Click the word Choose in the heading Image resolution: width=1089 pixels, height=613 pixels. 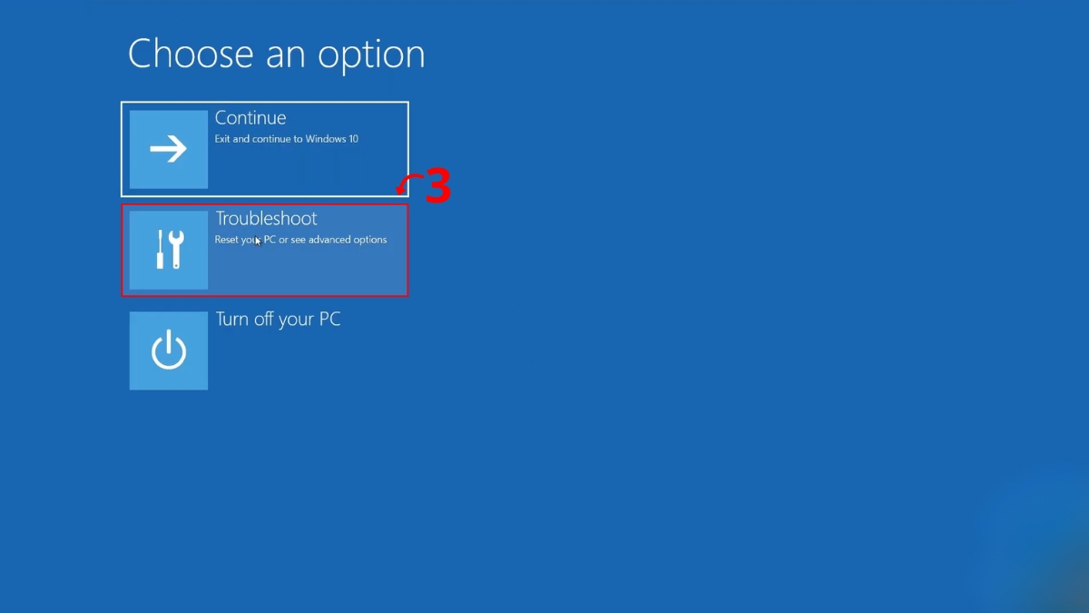click(191, 53)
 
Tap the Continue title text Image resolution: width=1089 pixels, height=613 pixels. click(250, 118)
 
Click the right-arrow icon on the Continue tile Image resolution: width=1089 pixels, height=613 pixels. click(168, 148)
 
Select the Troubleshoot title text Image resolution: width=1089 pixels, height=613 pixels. click(267, 219)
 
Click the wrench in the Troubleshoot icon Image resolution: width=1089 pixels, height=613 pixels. click(175, 249)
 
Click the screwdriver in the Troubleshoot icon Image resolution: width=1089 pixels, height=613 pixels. click(160, 249)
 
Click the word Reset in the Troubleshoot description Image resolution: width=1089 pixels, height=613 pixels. click(226, 240)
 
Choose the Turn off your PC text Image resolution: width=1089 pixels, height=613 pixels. click(278, 320)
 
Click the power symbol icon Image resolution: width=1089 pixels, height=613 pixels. click(168, 350)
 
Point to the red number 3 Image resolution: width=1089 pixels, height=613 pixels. click(438, 185)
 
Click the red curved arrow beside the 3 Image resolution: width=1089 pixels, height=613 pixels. click(407, 181)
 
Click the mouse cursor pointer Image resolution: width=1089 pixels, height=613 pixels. click(258, 242)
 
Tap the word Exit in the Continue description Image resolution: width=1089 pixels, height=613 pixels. click(222, 139)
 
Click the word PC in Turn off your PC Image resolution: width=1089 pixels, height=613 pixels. click(329, 319)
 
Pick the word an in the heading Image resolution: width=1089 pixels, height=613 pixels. click(285, 55)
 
